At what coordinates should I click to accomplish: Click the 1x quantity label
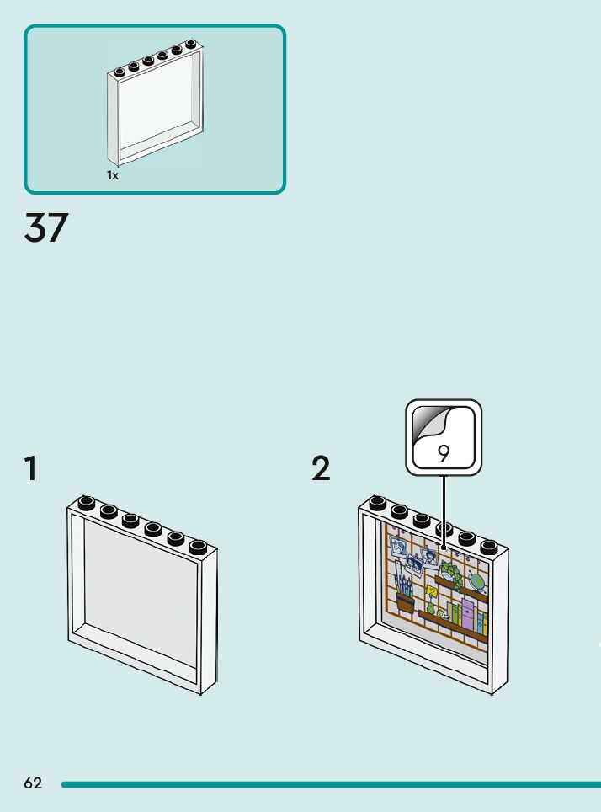pyautogui.click(x=113, y=175)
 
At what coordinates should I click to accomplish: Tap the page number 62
pyautogui.click(x=33, y=783)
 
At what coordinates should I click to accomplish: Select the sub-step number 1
pyautogui.click(x=31, y=468)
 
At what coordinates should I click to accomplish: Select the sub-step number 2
pyautogui.click(x=321, y=468)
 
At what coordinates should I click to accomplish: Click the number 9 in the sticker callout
pyautogui.click(x=444, y=453)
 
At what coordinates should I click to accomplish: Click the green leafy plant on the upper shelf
pyautogui.click(x=452, y=575)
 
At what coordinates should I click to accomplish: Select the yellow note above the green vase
pyautogui.click(x=433, y=592)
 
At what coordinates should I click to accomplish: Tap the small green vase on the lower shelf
pyautogui.click(x=432, y=609)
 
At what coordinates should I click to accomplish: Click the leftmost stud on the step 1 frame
pyautogui.click(x=86, y=503)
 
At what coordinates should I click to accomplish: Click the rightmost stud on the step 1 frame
pyautogui.click(x=198, y=547)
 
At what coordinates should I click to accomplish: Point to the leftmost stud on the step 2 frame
pyautogui.click(x=378, y=503)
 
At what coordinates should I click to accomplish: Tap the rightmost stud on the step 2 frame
pyautogui.click(x=488, y=547)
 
